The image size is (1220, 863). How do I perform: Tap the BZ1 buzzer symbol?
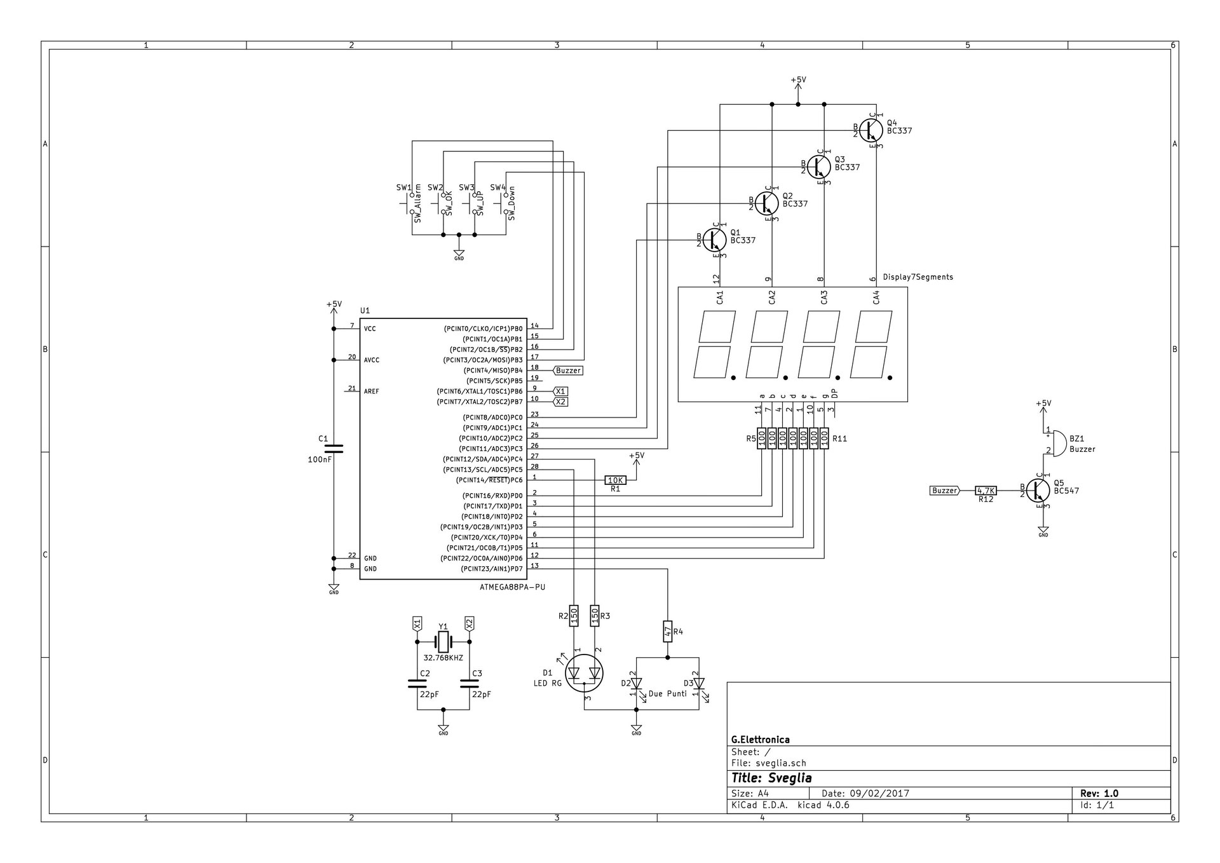point(1058,443)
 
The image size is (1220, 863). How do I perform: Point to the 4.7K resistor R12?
point(986,491)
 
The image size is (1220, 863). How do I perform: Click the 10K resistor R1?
point(615,480)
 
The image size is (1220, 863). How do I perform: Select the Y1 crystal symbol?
point(443,642)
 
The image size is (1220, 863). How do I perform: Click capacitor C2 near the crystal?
point(417,684)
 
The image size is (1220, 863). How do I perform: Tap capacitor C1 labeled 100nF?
point(334,449)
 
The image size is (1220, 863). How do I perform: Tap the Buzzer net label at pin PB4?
point(568,370)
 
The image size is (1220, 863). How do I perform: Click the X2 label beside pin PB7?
point(560,402)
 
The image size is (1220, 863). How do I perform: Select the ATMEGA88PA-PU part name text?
point(512,587)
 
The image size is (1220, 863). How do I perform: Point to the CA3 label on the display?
point(824,297)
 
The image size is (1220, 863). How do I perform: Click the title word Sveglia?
point(790,778)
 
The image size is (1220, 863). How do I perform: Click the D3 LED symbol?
point(699,684)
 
